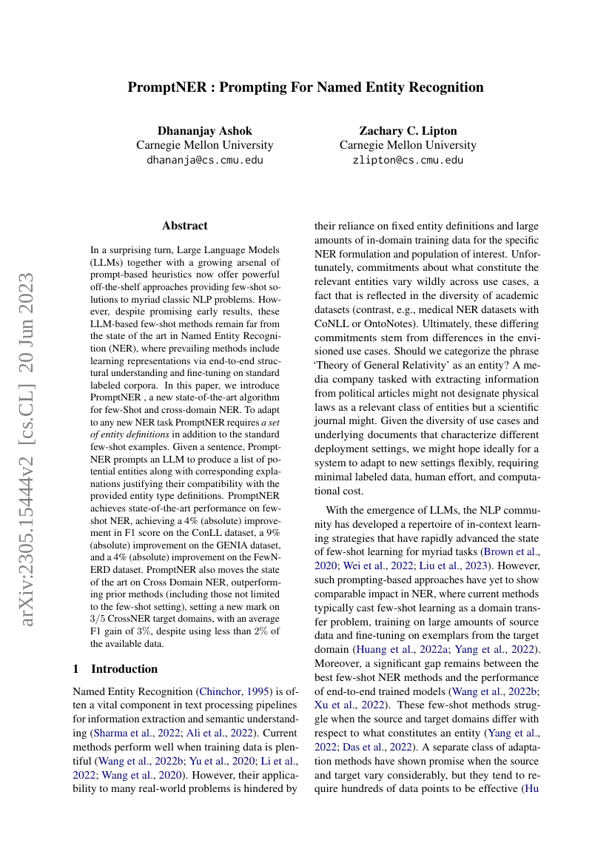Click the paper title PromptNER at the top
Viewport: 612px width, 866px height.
tap(306, 87)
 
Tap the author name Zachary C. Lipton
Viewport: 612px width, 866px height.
tap(408, 130)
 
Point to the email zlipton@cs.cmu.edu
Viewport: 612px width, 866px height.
tap(408, 160)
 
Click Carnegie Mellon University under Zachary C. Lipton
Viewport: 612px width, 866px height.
tap(408, 145)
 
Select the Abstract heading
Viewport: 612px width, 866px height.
tap(185, 226)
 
